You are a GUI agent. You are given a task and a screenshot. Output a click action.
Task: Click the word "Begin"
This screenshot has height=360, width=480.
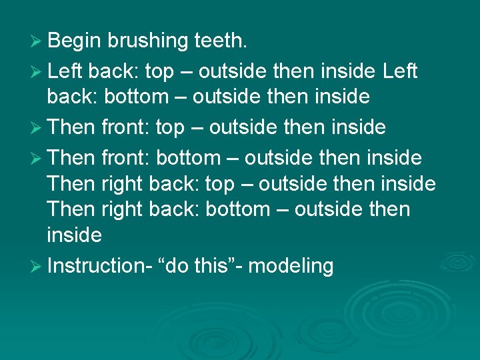[x=73, y=41]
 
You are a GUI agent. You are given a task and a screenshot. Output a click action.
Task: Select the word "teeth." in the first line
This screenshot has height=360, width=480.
[x=221, y=41]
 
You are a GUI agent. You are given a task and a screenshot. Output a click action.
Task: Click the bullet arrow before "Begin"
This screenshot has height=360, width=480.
[x=37, y=41]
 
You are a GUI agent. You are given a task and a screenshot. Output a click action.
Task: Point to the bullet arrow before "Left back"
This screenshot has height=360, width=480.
[x=37, y=71]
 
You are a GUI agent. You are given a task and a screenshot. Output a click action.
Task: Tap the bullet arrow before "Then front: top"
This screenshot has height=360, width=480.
[x=37, y=127]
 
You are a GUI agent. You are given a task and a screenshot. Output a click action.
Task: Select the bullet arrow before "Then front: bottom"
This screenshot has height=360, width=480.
[x=37, y=158]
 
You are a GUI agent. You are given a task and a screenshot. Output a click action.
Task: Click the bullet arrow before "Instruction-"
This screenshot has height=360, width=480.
[x=37, y=266]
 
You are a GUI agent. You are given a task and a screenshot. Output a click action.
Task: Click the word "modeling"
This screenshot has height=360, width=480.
[x=291, y=266]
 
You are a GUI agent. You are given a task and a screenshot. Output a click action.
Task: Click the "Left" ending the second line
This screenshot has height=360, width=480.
[x=400, y=71]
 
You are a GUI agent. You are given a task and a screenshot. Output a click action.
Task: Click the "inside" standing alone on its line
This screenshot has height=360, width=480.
[x=74, y=235]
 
